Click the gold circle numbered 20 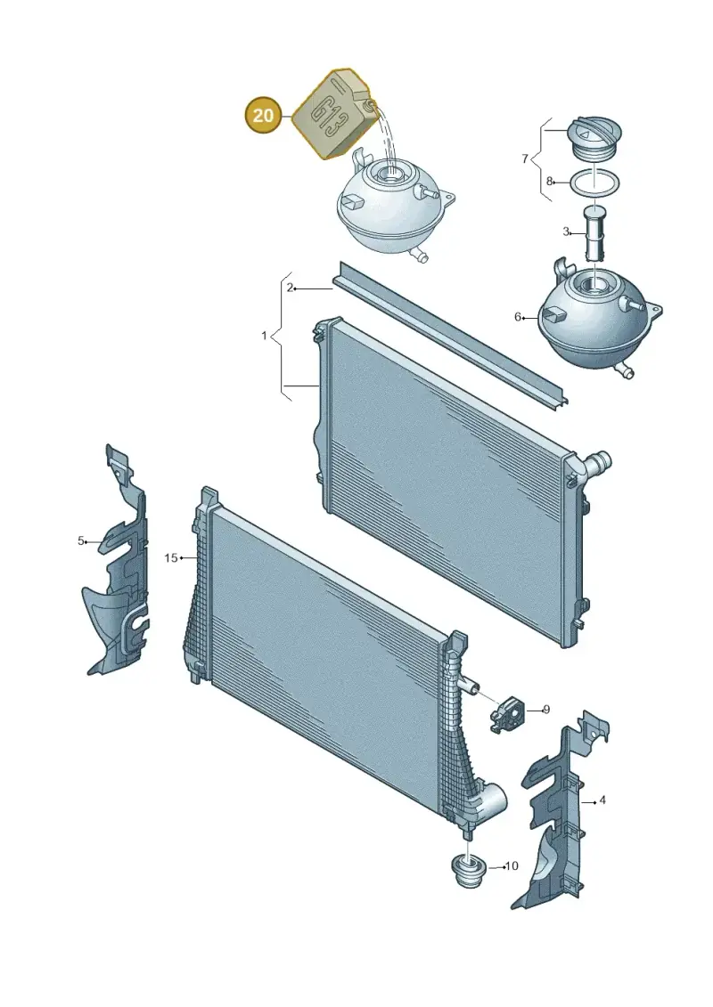click(x=263, y=116)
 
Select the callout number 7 click(x=525, y=158)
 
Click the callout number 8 click(x=549, y=181)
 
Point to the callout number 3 click(x=566, y=231)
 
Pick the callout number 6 click(x=518, y=317)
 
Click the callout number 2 click(x=290, y=288)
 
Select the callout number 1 click(x=264, y=336)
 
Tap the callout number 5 click(x=81, y=540)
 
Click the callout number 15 click(x=170, y=557)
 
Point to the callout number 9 click(x=545, y=710)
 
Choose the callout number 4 click(x=602, y=800)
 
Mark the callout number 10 click(x=511, y=866)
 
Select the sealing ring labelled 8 click(x=594, y=182)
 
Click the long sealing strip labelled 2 click(x=451, y=334)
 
